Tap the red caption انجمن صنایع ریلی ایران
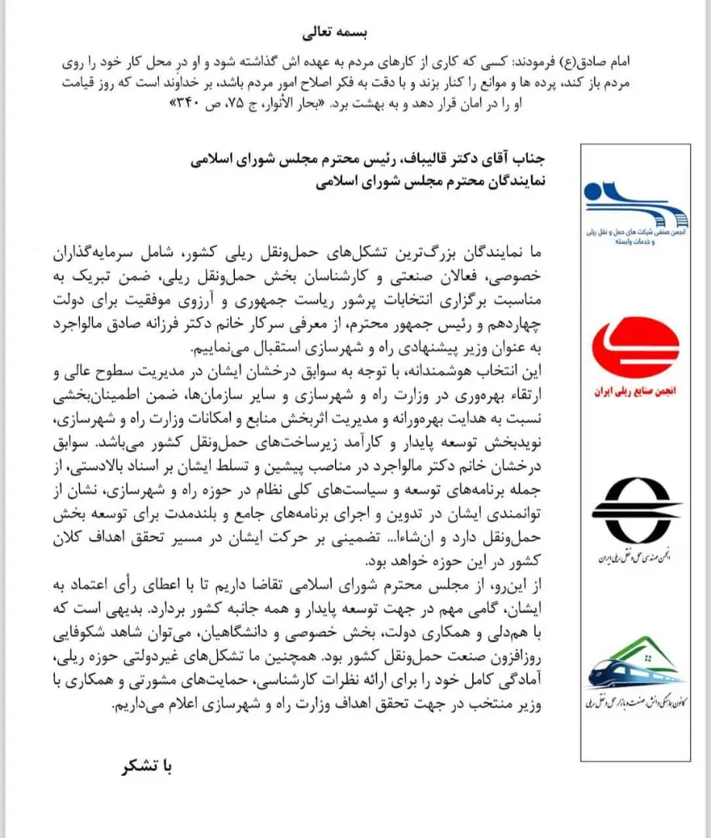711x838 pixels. pos(634,393)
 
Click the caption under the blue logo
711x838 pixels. pos(634,237)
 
